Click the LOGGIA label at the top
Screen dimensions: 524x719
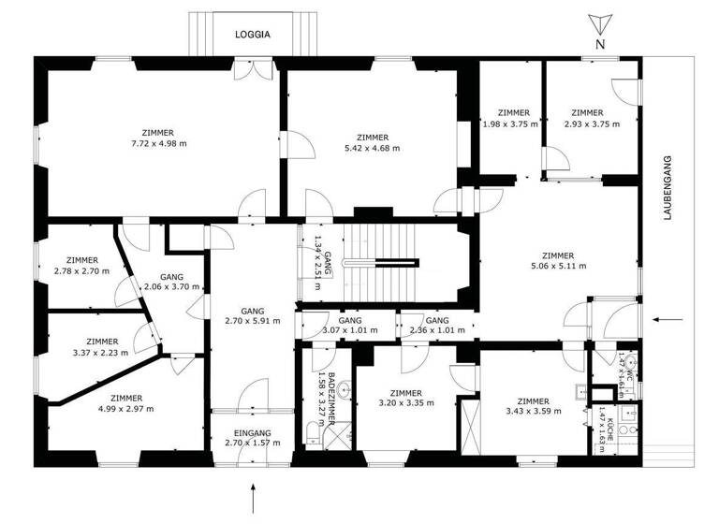point(253,35)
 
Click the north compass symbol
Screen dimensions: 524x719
point(599,27)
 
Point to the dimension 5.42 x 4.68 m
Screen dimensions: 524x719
point(372,148)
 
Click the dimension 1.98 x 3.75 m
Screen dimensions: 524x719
point(511,124)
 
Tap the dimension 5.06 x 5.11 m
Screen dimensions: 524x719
point(558,266)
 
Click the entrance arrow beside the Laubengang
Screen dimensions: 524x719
point(668,320)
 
